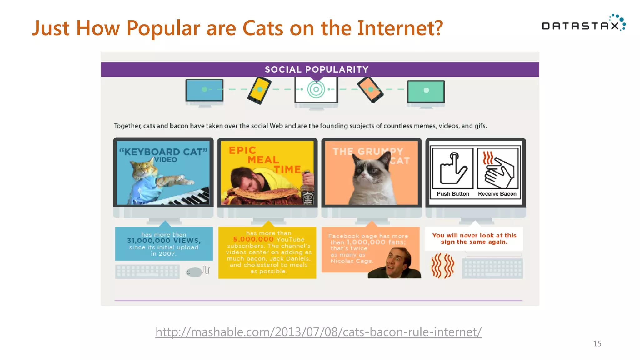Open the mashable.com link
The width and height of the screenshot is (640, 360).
pos(318,332)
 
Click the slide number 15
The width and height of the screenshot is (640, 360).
pos(597,344)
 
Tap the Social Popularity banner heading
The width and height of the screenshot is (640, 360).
pos(317,69)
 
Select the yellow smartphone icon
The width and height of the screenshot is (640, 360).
pos(259,90)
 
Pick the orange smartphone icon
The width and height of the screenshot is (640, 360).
pos(370,90)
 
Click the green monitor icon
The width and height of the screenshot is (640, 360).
pos(426,91)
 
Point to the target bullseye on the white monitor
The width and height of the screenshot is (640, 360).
pos(316,89)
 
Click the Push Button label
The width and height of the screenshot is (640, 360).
pos(453,194)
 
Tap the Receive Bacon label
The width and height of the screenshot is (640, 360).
pos(497,194)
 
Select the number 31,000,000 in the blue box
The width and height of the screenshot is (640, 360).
pos(148,241)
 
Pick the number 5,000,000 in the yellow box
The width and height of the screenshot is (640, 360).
pos(253,239)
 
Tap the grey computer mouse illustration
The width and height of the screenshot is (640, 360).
pos(194,272)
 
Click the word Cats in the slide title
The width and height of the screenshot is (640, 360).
pos(262,28)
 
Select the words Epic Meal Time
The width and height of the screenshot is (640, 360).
pos(264,160)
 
